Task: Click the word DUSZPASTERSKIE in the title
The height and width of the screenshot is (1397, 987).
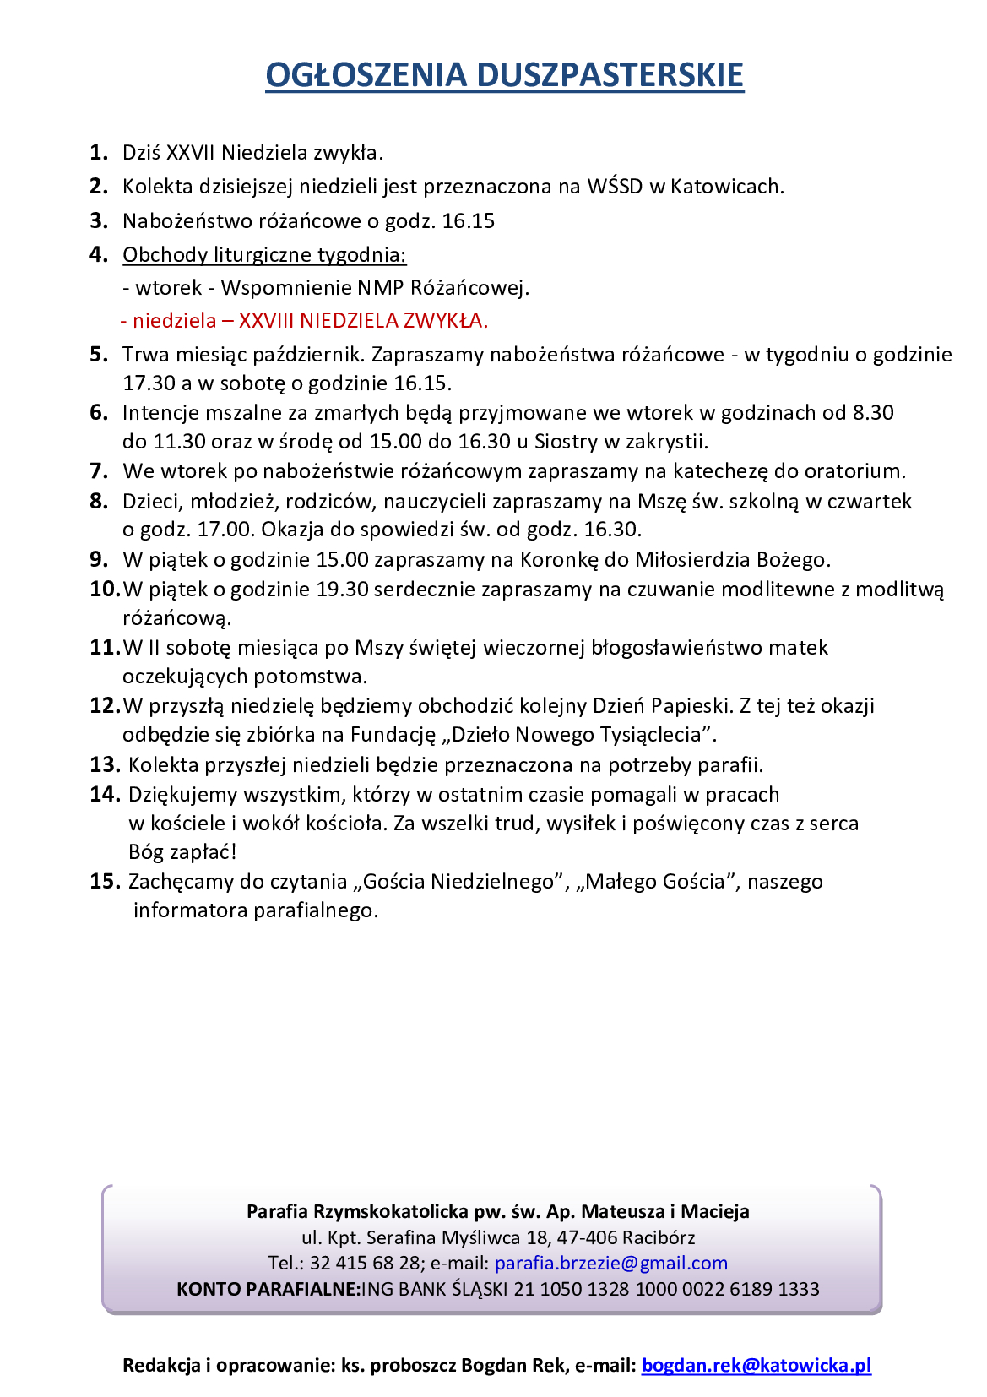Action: (610, 74)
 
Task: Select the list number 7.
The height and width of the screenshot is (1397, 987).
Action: (99, 470)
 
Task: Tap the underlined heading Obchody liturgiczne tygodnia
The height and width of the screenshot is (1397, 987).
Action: (264, 254)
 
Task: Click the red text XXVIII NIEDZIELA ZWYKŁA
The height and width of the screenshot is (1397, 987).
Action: (363, 321)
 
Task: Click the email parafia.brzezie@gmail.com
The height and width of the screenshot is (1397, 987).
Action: (610, 1263)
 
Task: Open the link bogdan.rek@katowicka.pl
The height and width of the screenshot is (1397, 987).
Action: (756, 1365)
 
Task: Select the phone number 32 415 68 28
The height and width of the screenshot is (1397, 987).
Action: (365, 1263)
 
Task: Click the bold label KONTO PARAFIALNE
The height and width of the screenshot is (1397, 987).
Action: (268, 1289)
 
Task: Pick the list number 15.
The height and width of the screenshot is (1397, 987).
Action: (105, 882)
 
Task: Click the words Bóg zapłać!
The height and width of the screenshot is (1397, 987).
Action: (182, 852)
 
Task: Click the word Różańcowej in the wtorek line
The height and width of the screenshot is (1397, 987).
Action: (469, 288)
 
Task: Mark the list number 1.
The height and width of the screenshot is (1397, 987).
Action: (99, 153)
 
